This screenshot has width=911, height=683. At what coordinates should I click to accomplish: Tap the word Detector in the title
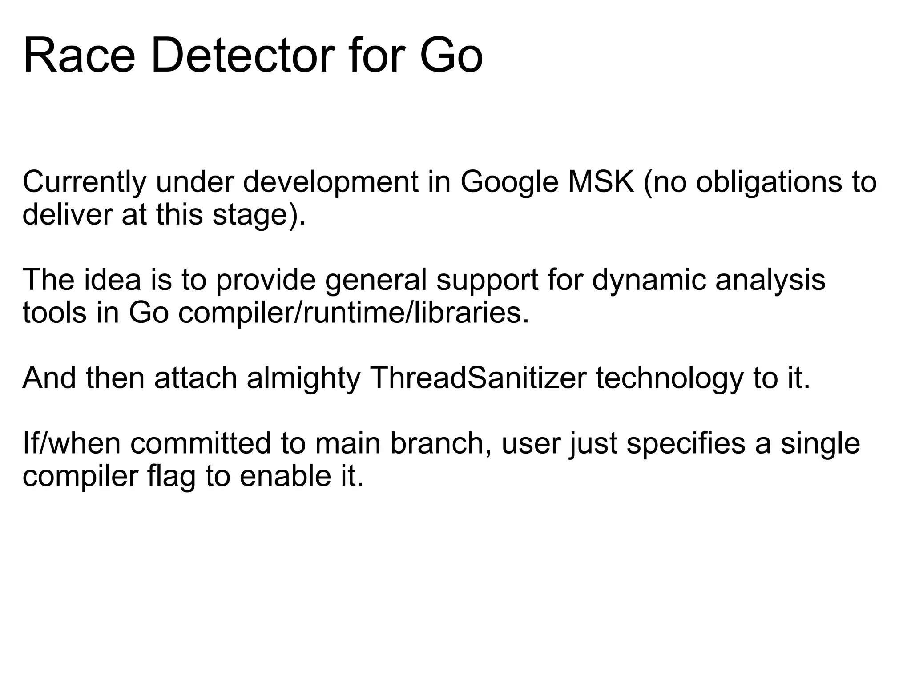[x=243, y=57]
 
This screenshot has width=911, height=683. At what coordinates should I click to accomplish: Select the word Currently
[x=84, y=183]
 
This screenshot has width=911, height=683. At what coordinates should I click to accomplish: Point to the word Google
[x=509, y=183]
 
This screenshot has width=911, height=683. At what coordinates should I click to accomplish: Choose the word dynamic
[x=649, y=281]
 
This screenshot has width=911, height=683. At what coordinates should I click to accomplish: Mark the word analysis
[x=770, y=281]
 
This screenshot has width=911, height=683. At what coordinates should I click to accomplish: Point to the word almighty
[x=304, y=379]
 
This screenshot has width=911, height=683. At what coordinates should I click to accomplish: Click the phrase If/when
[x=71, y=444]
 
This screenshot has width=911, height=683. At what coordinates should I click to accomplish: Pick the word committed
[x=201, y=444]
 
